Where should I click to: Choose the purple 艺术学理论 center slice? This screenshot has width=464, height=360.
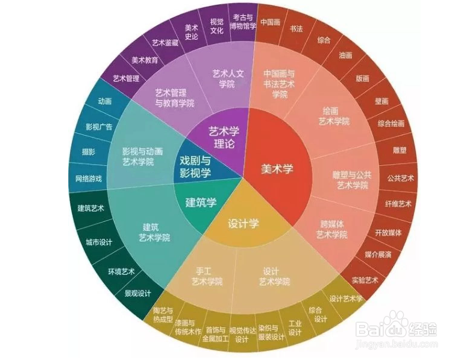[x=224, y=137]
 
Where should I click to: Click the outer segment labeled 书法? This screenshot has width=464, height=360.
[x=296, y=28]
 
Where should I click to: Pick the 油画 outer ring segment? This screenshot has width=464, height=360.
[x=345, y=55]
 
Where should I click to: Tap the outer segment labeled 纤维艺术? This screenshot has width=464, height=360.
[x=398, y=204]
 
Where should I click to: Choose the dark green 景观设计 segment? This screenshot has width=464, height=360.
[x=137, y=294]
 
